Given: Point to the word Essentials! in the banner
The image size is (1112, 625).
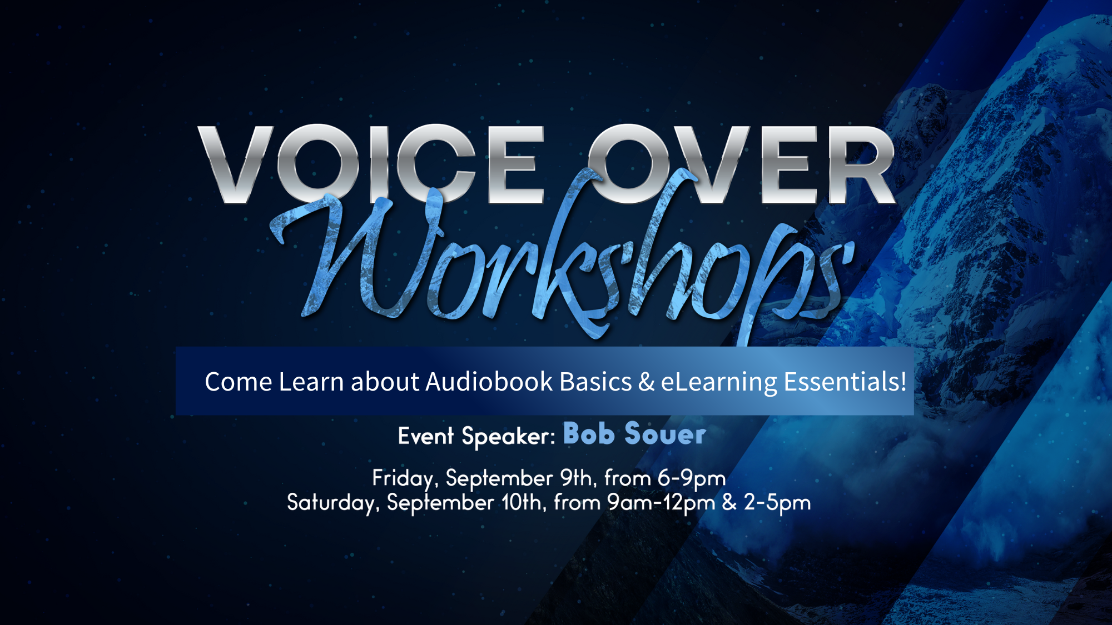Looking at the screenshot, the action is [x=845, y=382].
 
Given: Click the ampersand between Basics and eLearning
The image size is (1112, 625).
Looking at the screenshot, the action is [x=647, y=382].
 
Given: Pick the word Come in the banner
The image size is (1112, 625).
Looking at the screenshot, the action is [x=239, y=382].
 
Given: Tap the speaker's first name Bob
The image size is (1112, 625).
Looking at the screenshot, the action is [x=589, y=433].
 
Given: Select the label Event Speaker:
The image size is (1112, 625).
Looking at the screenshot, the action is [x=476, y=436].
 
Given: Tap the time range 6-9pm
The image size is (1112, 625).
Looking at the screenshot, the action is [x=692, y=479].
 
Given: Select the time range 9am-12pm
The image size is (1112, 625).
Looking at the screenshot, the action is [x=661, y=503].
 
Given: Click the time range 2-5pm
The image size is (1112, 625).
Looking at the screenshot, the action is [x=777, y=503].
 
